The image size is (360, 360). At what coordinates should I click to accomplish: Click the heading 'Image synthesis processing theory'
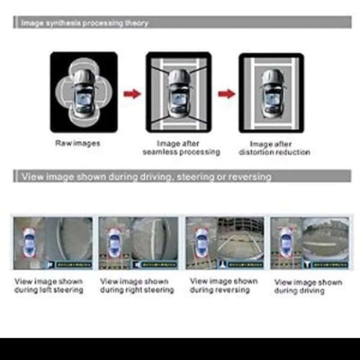pyautogui.click(x=85, y=23)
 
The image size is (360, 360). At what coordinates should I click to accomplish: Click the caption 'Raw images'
pyautogui.click(x=77, y=144)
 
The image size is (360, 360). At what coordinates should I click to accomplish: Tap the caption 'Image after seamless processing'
pyautogui.click(x=181, y=148)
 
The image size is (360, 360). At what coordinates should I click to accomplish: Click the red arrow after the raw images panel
pyautogui.click(x=132, y=94)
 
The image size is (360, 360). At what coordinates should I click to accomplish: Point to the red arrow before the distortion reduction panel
pyautogui.click(x=226, y=94)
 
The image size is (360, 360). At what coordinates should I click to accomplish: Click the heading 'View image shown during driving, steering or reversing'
pyautogui.click(x=146, y=176)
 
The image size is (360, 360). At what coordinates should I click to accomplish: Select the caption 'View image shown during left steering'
pyautogui.click(x=49, y=286)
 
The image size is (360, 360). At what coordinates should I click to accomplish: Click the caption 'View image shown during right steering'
pyautogui.click(x=137, y=286)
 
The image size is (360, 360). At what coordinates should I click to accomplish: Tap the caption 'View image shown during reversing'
pyautogui.click(x=224, y=285)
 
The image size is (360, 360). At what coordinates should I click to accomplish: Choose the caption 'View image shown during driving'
pyautogui.click(x=308, y=287)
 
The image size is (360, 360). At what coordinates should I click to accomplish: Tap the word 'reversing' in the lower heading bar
pyautogui.click(x=250, y=176)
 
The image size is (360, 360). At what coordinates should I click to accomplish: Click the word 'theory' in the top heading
pyautogui.click(x=137, y=23)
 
